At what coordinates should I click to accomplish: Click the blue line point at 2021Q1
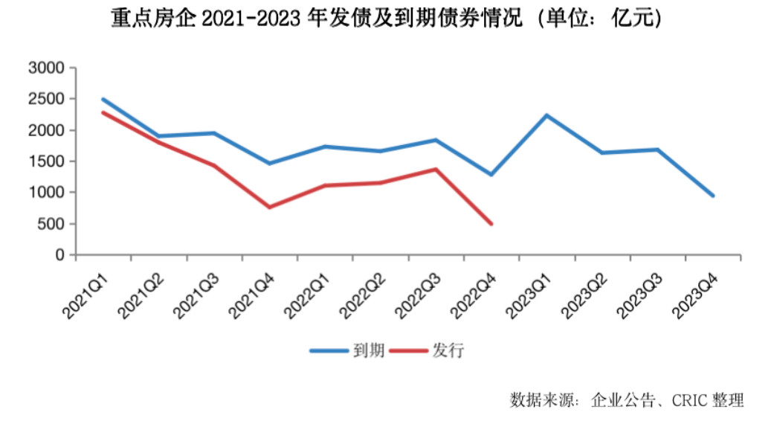[x=103, y=99]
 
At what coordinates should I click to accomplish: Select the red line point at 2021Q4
[x=269, y=207]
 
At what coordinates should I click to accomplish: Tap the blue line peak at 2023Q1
[x=546, y=115]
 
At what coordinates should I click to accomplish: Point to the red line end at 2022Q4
[x=491, y=223]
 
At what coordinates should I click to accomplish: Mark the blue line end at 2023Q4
[x=713, y=196]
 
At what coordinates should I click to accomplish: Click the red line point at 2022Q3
[x=436, y=169]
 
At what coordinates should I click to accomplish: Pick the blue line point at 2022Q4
[x=491, y=174]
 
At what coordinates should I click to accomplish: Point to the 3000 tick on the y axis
[x=47, y=68]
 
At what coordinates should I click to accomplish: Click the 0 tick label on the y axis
[x=60, y=255]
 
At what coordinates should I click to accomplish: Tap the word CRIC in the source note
[x=694, y=401]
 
